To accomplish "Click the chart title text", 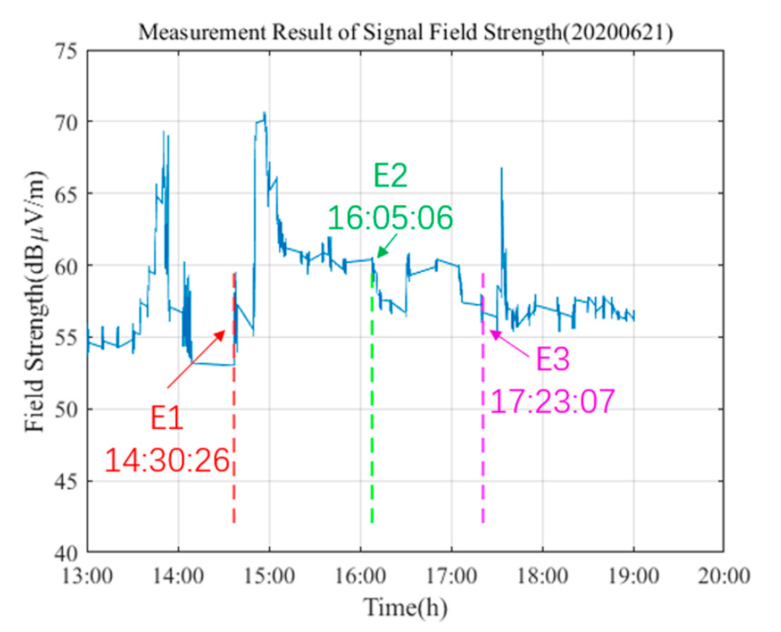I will (x=405, y=33).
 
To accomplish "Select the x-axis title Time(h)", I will (x=405, y=608).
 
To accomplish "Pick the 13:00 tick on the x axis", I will (x=88, y=576).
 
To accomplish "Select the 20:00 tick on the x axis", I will (x=724, y=576).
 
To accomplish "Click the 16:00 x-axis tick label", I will (x=361, y=576).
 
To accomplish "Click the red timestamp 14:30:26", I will (x=167, y=460).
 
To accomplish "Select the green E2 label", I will (x=390, y=175).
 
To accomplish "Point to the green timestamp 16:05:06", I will (x=390, y=218).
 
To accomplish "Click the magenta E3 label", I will (x=552, y=359).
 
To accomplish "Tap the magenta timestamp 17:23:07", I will (x=552, y=401).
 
